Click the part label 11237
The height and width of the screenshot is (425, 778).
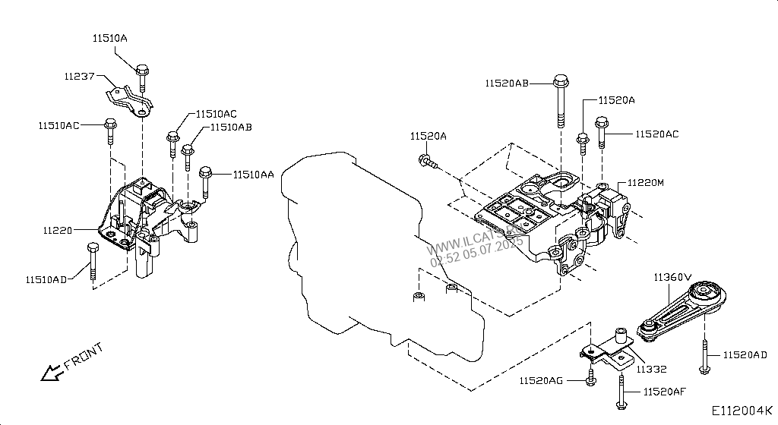(79, 76)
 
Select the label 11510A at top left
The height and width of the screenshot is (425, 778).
(111, 36)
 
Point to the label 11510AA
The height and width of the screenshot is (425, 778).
(254, 175)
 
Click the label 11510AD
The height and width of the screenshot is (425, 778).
(46, 279)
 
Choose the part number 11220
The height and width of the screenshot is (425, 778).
(57, 228)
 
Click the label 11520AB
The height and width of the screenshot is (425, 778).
(507, 83)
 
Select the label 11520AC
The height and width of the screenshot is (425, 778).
(656, 134)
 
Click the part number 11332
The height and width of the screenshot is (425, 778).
(651, 370)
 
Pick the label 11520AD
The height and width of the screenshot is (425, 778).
(745, 354)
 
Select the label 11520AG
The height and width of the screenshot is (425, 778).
(541, 379)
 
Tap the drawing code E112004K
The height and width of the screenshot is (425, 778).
(742, 411)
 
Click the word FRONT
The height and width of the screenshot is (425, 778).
(84, 356)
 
